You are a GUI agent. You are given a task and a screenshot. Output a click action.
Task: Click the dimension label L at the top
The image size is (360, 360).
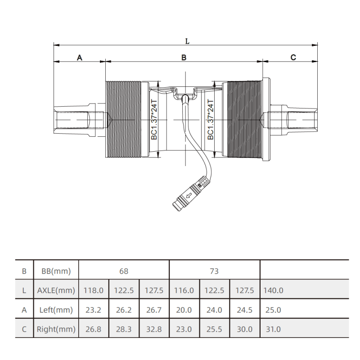[x=187, y=41]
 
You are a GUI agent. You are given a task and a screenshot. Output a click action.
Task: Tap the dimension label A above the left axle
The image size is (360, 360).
[x=80, y=58]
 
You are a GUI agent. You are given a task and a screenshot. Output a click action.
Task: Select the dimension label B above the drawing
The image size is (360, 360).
[x=184, y=58]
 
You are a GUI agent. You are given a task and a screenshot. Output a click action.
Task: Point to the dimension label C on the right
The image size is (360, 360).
[x=293, y=57]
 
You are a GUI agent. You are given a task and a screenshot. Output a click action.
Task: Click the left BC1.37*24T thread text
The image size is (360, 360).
[x=154, y=119]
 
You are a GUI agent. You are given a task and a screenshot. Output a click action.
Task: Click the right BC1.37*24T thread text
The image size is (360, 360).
[x=210, y=119]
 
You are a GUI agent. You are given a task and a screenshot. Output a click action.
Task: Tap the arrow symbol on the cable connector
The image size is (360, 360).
[x=189, y=196]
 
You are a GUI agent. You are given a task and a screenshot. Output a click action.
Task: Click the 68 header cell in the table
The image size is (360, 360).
[x=124, y=271]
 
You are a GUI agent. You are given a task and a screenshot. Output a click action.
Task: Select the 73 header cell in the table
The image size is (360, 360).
[x=214, y=271]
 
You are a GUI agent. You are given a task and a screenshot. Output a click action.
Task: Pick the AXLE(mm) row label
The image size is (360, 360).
[x=56, y=290]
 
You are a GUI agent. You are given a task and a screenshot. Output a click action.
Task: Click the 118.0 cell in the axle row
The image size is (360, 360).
[x=94, y=290]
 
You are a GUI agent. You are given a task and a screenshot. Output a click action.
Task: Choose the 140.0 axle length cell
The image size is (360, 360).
[x=273, y=290]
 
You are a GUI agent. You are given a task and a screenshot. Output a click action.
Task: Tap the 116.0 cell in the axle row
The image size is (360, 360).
[x=184, y=290]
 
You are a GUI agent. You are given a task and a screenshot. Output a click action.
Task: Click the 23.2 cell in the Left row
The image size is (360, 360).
[x=94, y=310]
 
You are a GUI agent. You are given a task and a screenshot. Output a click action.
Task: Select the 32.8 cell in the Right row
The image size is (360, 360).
[x=154, y=329]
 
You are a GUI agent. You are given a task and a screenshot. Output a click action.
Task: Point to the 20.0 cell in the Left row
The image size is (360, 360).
[x=184, y=310]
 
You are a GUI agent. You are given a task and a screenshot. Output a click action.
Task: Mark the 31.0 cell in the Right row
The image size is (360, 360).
[x=273, y=329]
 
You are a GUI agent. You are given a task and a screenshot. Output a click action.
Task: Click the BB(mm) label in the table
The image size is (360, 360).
[x=56, y=271]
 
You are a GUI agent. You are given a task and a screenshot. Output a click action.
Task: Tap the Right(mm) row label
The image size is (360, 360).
[x=56, y=329]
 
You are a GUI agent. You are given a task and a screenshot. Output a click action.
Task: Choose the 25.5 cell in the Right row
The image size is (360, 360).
[x=214, y=329]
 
